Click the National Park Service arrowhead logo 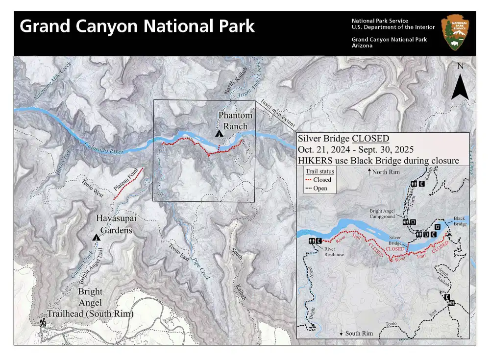point(455,32)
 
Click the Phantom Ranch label point(235,121)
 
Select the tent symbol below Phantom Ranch point(218,134)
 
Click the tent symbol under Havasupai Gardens point(97,238)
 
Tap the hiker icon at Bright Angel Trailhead point(43,322)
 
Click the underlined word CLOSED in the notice point(371,138)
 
